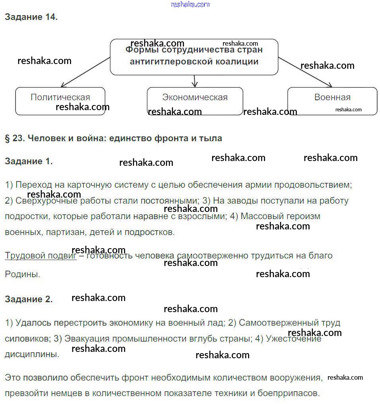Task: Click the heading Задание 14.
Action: pyautogui.click(x=31, y=17)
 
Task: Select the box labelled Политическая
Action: pyautogui.click(x=60, y=101)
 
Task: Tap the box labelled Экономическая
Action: pyautogui.click(x=195, y=101)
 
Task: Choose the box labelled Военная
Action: pyautogui.click(x=332, y=101)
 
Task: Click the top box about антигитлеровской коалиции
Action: pyautogui.click(x=194, y=57)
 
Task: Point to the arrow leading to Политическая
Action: pyautogui.click(x=85, y=72)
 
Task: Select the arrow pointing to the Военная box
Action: pyautogui.click(x=305, y=72)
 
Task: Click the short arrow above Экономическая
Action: pyautogui.click(x=194, y=81)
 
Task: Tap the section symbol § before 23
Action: pyautogui.click(x=7, y=138)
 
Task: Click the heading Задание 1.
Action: pyautogui.click(x=29, y=161)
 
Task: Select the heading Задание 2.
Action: pyautogui.click(x=29, y=299)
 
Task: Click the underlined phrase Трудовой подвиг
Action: pyautogui.click(x=41, y=256)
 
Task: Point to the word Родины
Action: pyautogui.click(x=22, y=274)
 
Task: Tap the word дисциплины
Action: pyautogui.click(x=32, y=354)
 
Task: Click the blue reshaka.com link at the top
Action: pyautogui.click(x=190, y=4)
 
